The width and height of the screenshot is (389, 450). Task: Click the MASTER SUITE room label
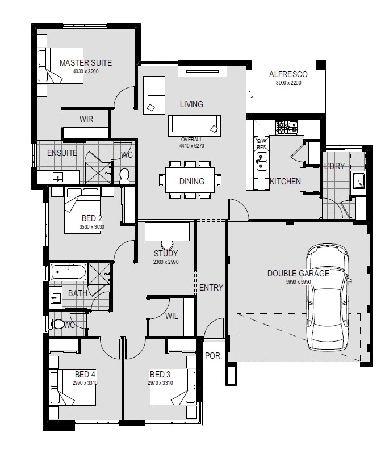coord(86,63)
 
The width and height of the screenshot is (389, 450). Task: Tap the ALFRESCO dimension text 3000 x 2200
coord(288,83)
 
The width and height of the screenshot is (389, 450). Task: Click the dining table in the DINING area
coord(190,180)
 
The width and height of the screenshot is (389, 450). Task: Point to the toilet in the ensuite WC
coord(124,176)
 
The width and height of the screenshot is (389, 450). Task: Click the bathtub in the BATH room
coord(68,272)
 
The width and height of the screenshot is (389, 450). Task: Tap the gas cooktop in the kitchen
coord(287,127)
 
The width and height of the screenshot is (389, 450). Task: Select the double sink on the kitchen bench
coord(262,161)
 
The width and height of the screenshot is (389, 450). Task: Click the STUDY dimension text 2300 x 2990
coord(166,262)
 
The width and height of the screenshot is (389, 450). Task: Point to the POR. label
coord(214,356)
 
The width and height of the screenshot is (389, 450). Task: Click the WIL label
coord(172,316)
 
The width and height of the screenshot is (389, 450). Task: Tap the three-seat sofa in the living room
coord(194,126)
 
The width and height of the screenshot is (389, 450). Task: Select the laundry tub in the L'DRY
coord(358,180)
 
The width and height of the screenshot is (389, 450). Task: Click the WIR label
coord(86,119)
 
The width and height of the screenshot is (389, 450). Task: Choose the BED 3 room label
coord(160,375)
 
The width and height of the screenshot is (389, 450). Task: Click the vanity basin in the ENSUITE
coord(58,176)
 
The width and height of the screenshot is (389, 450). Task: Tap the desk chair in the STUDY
coord(167,245)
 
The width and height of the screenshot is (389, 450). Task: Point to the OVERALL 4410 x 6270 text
coord(191,142)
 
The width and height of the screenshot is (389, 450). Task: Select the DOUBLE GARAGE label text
coord(299,274)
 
